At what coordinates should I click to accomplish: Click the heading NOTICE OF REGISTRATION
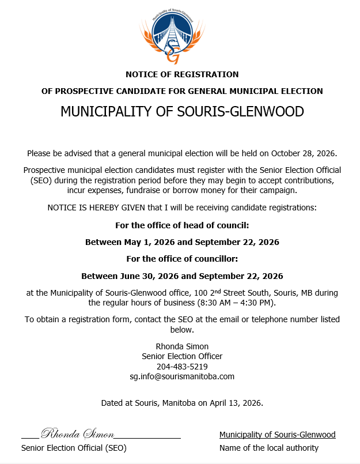(182, 74)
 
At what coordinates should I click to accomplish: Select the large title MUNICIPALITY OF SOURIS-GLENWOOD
(182, 112)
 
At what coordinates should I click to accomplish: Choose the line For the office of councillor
(182, 259)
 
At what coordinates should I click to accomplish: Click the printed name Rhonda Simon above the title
(182, 346)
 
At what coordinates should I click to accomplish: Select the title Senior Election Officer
(182, 356)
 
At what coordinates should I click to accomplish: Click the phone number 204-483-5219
(182, 367)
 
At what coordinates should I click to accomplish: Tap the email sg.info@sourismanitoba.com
(182, 376)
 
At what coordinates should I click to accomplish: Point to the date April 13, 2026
(236, 403)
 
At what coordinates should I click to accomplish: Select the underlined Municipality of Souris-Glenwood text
(277, 435)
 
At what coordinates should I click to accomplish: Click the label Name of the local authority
(269, 448)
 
